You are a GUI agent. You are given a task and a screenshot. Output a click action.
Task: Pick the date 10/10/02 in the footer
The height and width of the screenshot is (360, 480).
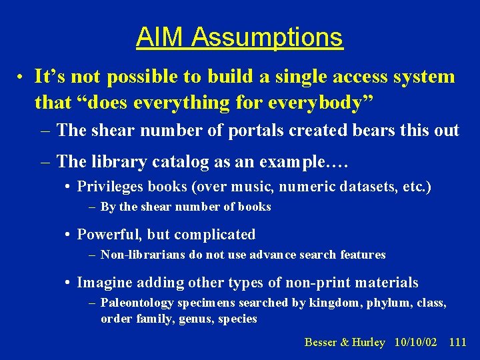[415, 342]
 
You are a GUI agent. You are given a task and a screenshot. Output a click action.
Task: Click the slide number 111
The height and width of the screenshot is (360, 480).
[458, 342]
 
